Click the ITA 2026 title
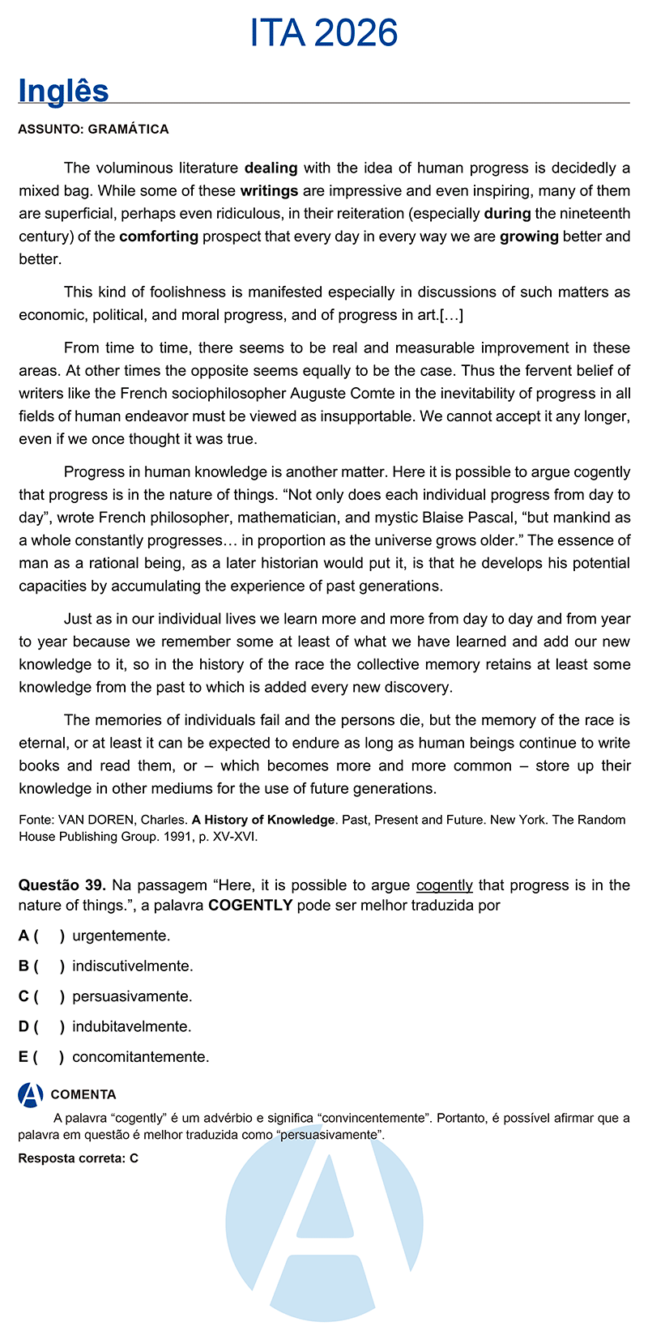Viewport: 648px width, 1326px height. point(324,33)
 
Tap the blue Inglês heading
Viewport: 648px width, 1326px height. point(63,91)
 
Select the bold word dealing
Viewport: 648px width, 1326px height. point(271,168)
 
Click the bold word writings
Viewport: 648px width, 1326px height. point(269,191)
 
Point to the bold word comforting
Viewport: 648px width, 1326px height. point(159,237)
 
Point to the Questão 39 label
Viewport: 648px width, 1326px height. point(62,885)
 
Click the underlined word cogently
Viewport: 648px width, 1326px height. point(444,885)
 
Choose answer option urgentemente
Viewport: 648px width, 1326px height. point(121,936)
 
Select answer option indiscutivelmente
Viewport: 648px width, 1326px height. point(132,966)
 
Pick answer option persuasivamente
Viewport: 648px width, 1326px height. point(131,996)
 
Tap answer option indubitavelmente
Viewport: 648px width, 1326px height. point(131,1026)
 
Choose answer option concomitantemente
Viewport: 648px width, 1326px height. point(140,1057)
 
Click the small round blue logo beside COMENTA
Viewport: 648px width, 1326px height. point(31,1094)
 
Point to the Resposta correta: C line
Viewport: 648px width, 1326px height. point(78,1158)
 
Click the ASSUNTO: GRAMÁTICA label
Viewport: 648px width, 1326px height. point(93,129)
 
